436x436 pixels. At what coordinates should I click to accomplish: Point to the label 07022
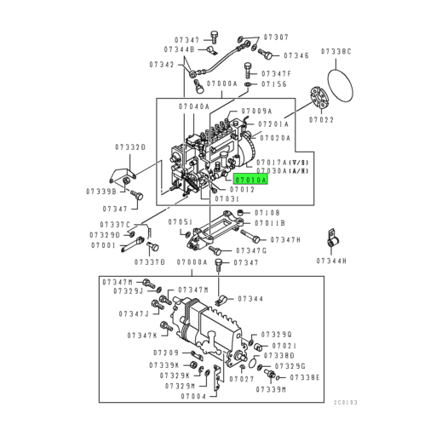(x=321, y=121)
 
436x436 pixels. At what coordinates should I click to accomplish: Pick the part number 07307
(x=275, y=37)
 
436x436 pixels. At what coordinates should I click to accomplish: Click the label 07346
(x=295, y=55)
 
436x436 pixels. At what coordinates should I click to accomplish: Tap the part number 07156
(x=273, y=84)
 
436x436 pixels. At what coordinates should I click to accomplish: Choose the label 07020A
(x=274, y=137)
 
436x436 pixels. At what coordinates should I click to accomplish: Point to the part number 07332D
(x=131, y=147)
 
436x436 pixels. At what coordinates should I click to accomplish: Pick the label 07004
(x=193, y=396)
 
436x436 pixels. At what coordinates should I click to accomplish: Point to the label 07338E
(x=304, y=376)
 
